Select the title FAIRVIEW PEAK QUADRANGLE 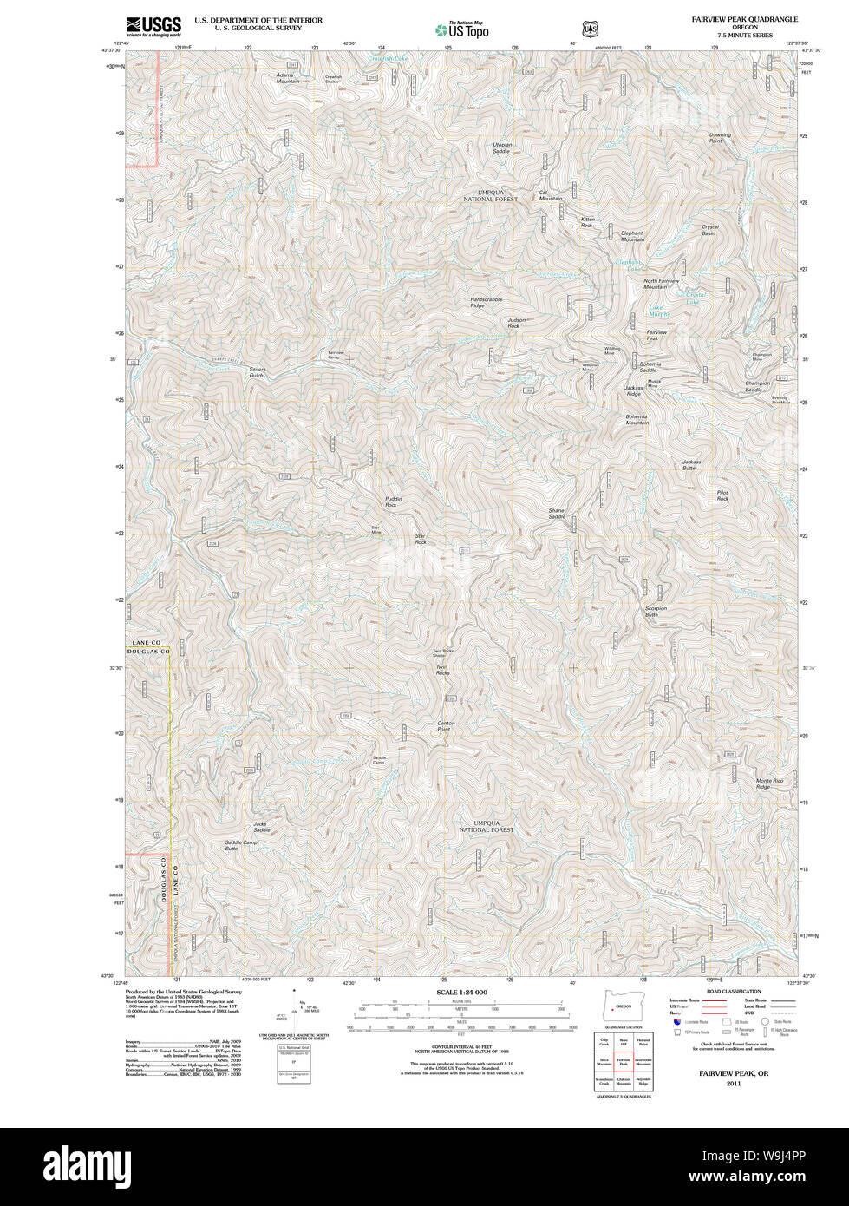[744, 19]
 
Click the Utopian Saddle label [502, 147]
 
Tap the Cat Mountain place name [551, 195]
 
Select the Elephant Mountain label [632, 235]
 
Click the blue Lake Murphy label [659, 311]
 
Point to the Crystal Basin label [709, 230]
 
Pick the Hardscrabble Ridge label [486, 302]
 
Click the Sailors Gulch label [257, 372]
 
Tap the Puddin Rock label [394, 501]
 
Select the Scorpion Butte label [656, 611]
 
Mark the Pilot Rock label [722, 495]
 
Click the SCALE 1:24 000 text [462, 992]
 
